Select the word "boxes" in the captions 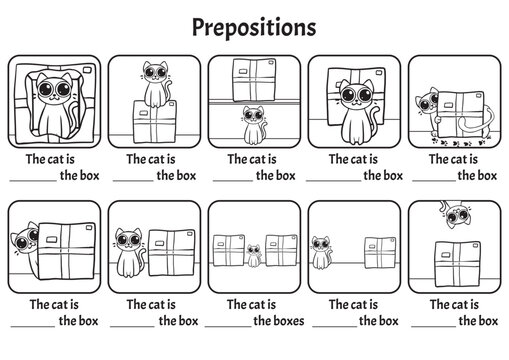click(282, 321)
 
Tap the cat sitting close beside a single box click(127, 253)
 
